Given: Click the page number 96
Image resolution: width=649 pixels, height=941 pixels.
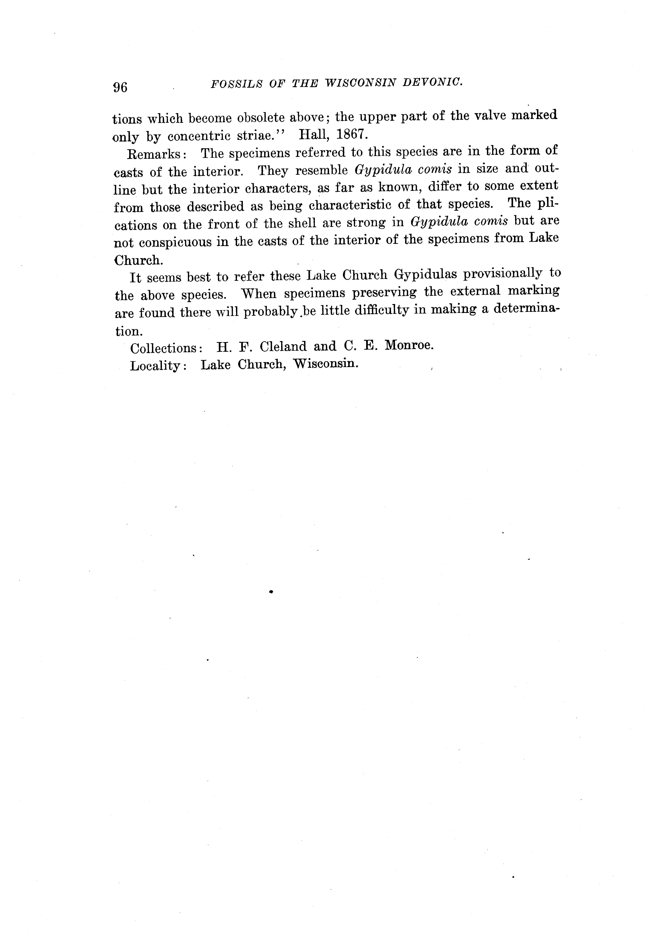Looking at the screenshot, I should click(x=120, y=87).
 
